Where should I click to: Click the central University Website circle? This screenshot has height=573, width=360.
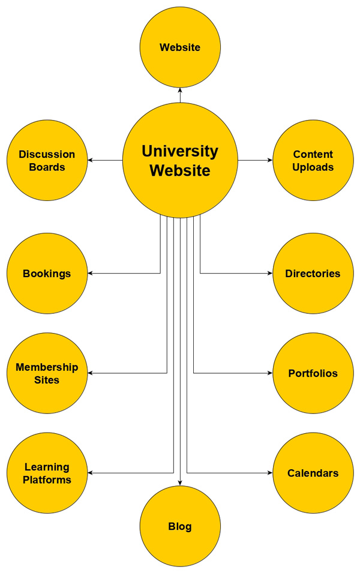180,160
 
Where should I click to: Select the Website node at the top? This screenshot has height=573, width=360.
180,47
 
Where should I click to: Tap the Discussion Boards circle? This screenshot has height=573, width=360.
47,160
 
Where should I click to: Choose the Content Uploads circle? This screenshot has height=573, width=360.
313,160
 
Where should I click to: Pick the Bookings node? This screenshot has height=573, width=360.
47,274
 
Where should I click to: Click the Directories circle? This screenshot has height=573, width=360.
313,274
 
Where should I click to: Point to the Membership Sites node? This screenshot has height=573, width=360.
47,373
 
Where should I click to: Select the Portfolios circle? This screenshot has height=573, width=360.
313,373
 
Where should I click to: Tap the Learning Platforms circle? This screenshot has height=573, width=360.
47,473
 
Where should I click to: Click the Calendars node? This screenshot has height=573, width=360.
313,473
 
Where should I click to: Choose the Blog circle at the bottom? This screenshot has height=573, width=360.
180,527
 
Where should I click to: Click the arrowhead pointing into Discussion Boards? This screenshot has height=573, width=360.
91,160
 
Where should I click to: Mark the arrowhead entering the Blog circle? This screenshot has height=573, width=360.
180,483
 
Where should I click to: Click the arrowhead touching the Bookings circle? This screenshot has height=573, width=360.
91,274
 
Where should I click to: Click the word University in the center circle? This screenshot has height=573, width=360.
180,151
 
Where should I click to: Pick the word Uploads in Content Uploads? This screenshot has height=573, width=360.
313,167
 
